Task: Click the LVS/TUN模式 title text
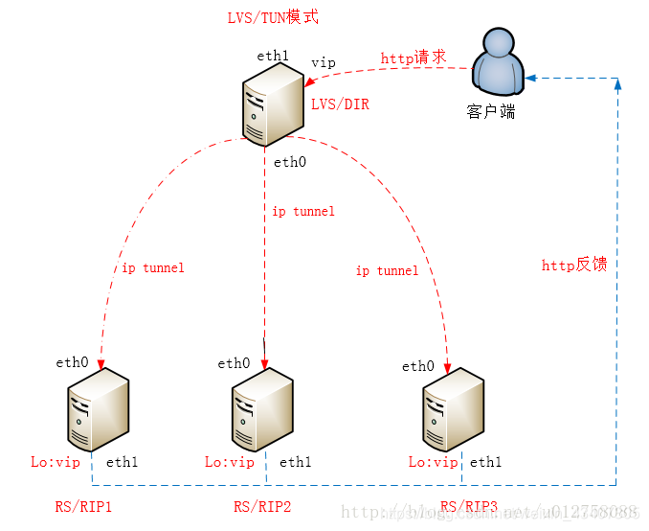pos(273,18)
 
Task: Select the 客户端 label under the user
pos(491,112)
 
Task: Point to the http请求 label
pos(414,58)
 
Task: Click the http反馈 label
pos(574,265)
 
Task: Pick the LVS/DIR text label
pos(340,104)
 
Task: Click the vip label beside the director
pos(324,62)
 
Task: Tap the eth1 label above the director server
pos(272,56)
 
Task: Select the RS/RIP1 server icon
pos(98,413)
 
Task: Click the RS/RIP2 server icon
pos(261,413)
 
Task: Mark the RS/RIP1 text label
pos(83,506)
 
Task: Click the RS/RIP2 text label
pos(262,506)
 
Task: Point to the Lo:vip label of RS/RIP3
pos(434,462)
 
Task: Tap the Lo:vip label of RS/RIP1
pos(56,462)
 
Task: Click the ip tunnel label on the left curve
pos(152,267)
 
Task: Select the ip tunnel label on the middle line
pos(303,211)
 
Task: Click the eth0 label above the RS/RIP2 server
pos(234,363)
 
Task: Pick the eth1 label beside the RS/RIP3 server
pos(485,462)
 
